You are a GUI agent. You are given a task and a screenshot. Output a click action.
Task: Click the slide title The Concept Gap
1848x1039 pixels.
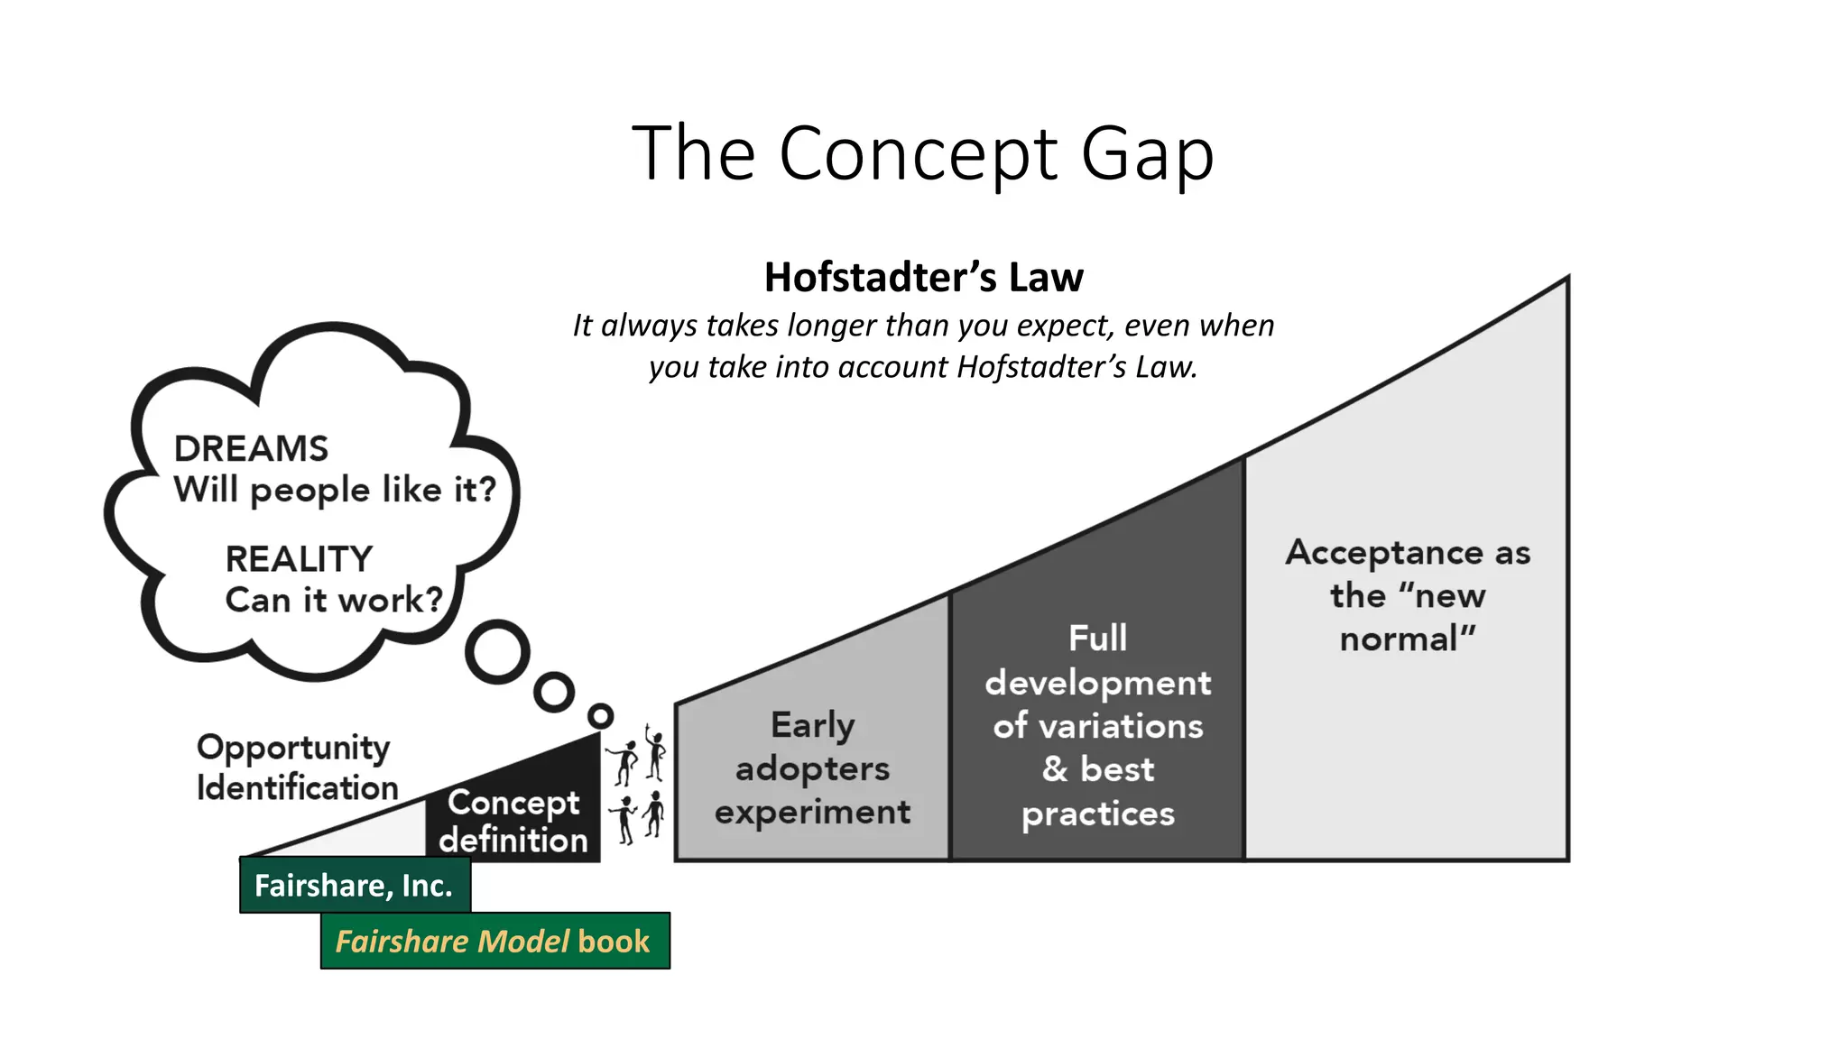[x=922, y=153]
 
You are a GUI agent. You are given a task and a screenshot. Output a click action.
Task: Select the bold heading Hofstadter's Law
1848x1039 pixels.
[x=923, y=277]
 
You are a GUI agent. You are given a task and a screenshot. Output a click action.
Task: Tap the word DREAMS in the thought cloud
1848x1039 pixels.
[x=251, y=448]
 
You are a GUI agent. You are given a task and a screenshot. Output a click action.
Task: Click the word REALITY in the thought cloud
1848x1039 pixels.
[x=299, y=559]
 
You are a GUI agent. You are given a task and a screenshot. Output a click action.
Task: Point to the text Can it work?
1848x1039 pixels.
[x=334, y=600]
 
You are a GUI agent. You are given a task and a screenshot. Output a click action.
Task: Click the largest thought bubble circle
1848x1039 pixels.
[x=497, y=651]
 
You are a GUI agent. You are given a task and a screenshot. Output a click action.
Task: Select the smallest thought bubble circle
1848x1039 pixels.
[x=600, y=716]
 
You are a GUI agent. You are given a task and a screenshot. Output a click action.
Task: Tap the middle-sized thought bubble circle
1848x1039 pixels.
[x=553, y=693]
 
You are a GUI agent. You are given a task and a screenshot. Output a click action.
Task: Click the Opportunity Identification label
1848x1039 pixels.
[x=297, y=767]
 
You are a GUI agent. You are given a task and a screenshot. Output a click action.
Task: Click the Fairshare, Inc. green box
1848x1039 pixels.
[x=354, y=886]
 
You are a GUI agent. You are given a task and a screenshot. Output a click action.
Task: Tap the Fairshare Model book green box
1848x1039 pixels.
[x=494, y=942]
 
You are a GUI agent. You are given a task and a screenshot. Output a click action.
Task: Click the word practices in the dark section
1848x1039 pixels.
[x=1097, y=814]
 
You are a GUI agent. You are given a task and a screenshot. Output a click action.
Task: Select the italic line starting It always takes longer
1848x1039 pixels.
[x=923, y=326]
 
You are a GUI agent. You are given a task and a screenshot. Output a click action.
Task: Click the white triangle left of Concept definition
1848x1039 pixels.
[x=379, y=835]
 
